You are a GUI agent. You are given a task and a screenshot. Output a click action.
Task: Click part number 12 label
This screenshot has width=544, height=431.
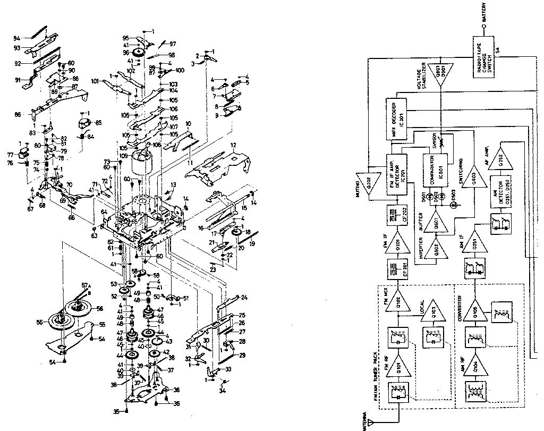232,145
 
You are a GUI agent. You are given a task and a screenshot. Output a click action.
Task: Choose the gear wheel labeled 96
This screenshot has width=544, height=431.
140,53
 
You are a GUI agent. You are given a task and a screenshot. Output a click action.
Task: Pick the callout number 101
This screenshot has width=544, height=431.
95,82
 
